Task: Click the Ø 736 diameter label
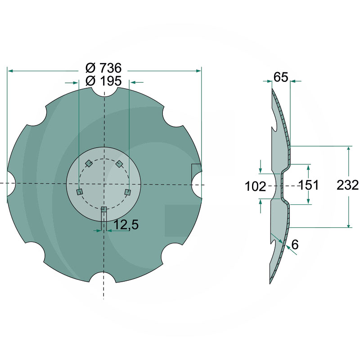103,68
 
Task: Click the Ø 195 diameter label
103,81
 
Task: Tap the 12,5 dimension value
126,225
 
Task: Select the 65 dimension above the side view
280,77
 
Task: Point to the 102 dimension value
256,186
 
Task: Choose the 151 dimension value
308,185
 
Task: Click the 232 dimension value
347,185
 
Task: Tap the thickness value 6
295,244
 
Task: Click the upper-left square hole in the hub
89,163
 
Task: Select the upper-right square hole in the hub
119,163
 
